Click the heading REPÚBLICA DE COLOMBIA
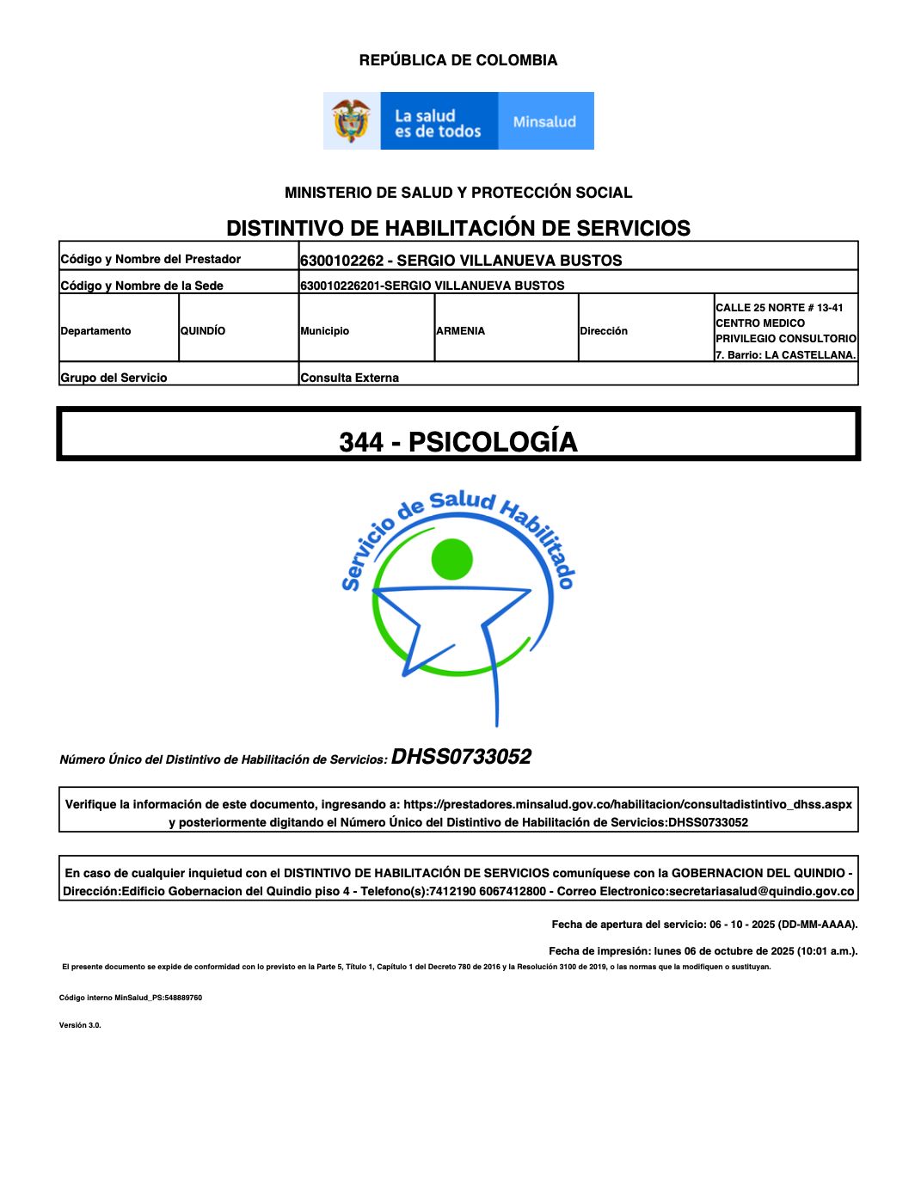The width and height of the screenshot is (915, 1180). (457, 60)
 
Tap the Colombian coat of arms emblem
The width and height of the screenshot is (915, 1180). (351, 121)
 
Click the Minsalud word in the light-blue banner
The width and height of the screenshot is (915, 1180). (544, 122)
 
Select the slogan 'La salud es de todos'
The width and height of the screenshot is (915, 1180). (437, 124)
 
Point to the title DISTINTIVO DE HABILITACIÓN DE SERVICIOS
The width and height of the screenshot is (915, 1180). (457, 228)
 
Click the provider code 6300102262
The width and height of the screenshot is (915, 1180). (341, 261)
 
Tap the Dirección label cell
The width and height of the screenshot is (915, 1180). (604, 331)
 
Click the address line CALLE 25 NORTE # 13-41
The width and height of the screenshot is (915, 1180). (779, 308)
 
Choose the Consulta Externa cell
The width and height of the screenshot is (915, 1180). (350, 378)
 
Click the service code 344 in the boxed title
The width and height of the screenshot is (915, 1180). (361, 442)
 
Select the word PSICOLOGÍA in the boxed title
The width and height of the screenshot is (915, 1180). (493, 442)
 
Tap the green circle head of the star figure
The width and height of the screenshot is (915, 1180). (452, 559)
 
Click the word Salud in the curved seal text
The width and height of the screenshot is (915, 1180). (463, 501)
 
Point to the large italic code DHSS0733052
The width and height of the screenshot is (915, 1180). (461, 757)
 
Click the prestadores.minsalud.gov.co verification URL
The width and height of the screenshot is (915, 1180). (628, 805)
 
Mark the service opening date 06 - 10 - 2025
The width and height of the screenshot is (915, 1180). (743, 925)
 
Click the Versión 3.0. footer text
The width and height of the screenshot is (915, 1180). (80, 1025)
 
